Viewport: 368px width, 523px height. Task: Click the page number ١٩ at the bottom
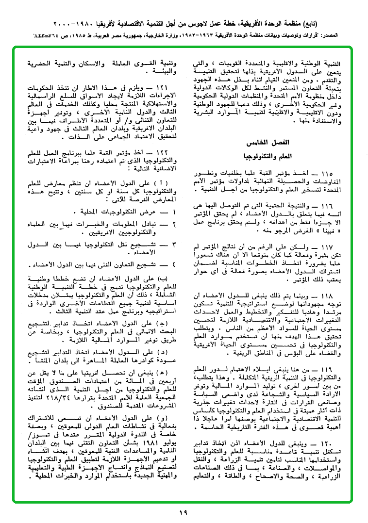(x=183, y=512)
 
